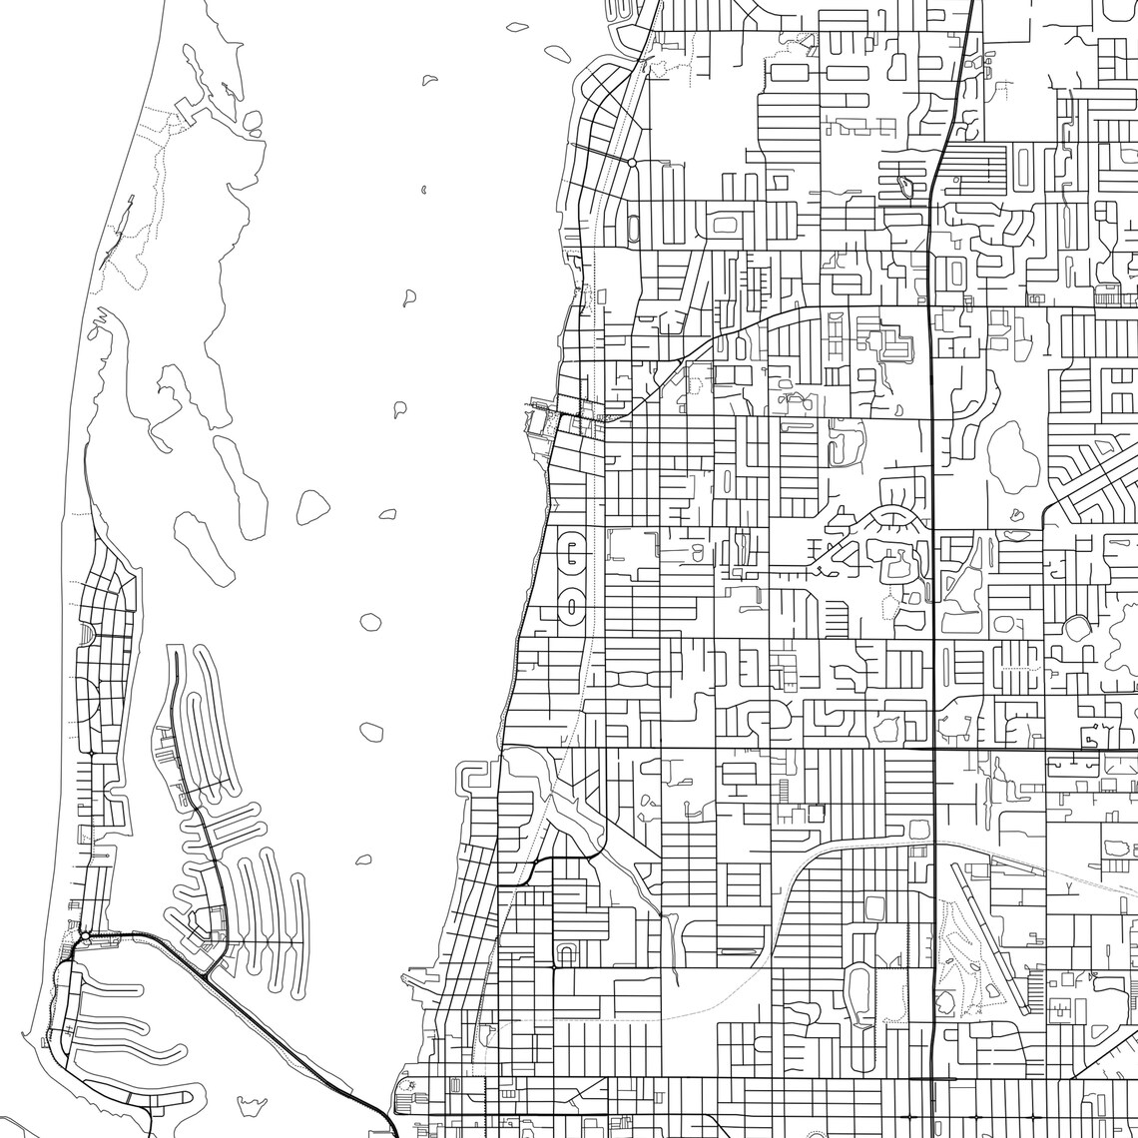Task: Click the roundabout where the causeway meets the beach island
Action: pyautogui.click(x=86, y=936)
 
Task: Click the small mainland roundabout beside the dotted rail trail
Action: pyautogui.click(x=632, y=161)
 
